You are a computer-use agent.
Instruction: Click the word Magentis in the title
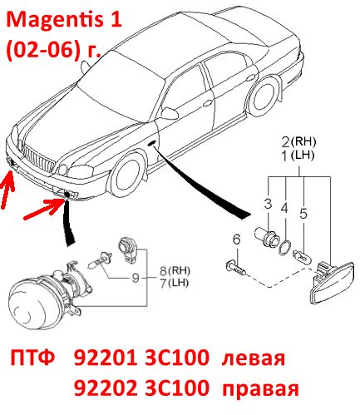point(56,20)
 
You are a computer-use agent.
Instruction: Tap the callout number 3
point(268,204)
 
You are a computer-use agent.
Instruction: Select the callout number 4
point(284,208)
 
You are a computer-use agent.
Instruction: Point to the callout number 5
point(303,214)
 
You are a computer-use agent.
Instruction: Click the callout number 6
point(236,240)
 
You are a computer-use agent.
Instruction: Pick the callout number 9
point(136,278)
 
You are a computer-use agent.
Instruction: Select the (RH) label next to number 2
point(303,142)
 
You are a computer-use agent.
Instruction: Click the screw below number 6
point(235,267)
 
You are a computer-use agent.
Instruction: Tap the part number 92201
point(106,358)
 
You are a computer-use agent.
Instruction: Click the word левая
point(254,359)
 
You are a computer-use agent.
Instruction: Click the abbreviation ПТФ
point(32,358)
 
